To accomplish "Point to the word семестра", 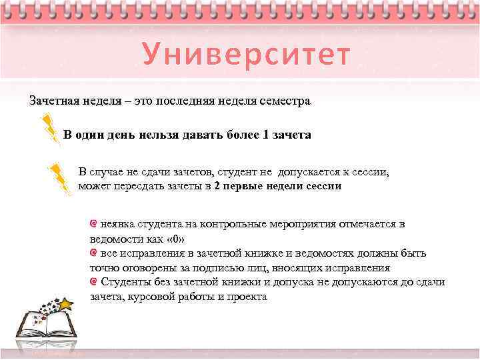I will click(285, 101).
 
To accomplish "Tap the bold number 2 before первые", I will click(217, 186).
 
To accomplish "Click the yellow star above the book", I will click(66, 304).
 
